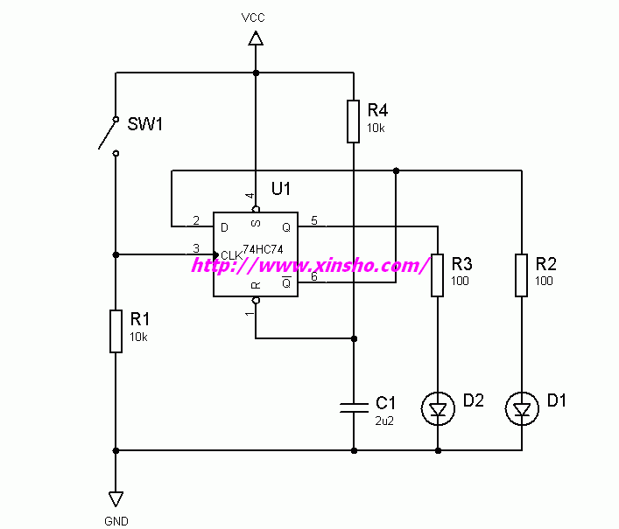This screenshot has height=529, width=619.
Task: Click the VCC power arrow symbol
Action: pyautogui.click(x=256, y=38)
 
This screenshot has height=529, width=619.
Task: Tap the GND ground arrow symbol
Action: pyautogui.click(x=116, y=498)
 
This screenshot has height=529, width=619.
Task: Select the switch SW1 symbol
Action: pyautogui.click(x=109, y=134)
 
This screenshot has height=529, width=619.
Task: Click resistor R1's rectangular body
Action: pyautogui.click(x=116, y=331)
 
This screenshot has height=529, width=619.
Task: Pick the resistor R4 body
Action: pyautogui.click(x=353, y=121)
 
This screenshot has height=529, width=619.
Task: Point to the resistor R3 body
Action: pyautogui.click(x=438, y=275)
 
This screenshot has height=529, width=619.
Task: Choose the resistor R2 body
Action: pyautogui.click(x=522, y=275)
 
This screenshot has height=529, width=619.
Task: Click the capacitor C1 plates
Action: pyautogui.click(x=354, y=406)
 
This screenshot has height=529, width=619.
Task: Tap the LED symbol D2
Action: pyautogui.click(x=438, y=407)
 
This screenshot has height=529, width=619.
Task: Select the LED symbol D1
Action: pyautogui.click(x=523, y=407)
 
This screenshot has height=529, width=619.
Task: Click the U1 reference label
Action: pyautogui.click(x=281, y=188)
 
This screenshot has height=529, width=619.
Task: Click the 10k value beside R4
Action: pyautogui.click(x=376, y=128)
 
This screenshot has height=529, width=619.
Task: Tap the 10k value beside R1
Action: pyautogui.click(x=138, y=337)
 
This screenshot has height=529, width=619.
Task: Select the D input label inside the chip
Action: pyautogui.click(x=225, y=226)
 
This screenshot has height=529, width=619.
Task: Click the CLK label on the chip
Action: pyautogui.click(x=231, y=254)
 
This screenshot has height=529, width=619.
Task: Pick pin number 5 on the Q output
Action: pyautogui.click(x=314, y=219)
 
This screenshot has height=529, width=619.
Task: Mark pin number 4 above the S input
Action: pyautogui.click(x=249, y=196)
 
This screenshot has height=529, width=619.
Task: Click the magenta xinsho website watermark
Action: pyautogui.click(x=310, y=264)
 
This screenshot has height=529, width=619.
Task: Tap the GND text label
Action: pyautogui.click(x=116, y=520)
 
